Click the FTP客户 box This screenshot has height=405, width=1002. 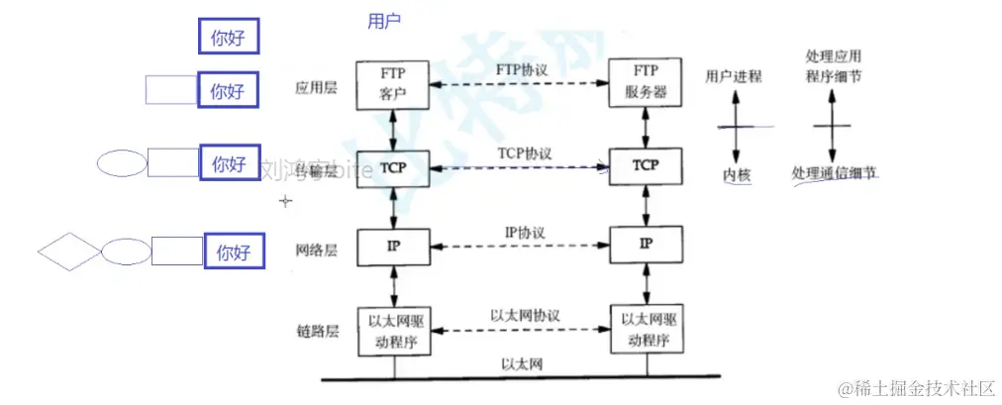[393, 84]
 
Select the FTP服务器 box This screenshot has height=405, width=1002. [646, 83]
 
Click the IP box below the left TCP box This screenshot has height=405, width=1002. [393, 243]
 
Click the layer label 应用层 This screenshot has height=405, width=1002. [316, 88]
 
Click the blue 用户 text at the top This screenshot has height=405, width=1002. [384, 21]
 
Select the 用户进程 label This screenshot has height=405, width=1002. [734, 76]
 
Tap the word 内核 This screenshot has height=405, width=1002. [737, 175]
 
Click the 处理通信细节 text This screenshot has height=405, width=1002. [835, 173]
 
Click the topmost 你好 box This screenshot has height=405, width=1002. [228, 38]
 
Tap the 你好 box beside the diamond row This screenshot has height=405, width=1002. [234, 252]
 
